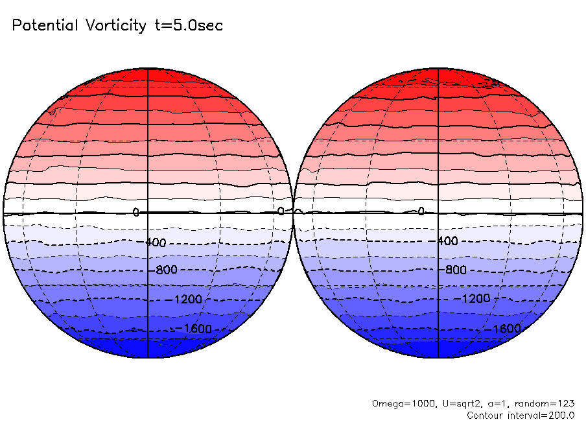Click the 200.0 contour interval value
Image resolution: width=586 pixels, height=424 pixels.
pos(559,415)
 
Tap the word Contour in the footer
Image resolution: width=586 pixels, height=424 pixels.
pos(485,415)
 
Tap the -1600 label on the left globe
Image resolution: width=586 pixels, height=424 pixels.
pos(193,328)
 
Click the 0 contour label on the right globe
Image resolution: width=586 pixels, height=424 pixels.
pos(421,211)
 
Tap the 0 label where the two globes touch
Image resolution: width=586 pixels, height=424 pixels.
pos(281,211)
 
